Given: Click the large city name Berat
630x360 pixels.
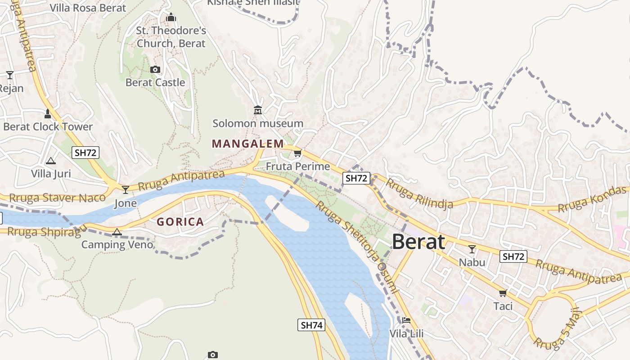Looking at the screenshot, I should tap(418, 242).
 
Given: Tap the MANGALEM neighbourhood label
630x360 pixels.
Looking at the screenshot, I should tap(248, 144).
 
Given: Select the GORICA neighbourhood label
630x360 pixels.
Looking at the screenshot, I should tap(180, 222).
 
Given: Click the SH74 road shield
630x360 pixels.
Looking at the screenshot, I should tap(311, 325).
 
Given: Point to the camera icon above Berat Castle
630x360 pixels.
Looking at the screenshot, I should tap(155, 69).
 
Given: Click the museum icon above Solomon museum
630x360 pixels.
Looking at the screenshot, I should tap(258, 110).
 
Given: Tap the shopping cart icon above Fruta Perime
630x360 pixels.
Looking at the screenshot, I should tap(297, 153).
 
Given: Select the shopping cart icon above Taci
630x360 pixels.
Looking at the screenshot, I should tap(503, 293).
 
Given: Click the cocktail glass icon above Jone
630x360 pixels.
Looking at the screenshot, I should tap(126, 190).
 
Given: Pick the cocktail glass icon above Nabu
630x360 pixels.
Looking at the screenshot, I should tap(472, 249).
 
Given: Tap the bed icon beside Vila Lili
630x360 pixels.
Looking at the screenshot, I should tap(406, 320).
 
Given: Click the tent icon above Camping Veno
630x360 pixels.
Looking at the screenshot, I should tap(117, 232).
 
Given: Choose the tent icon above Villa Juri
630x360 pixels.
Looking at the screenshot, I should tap(51, 161).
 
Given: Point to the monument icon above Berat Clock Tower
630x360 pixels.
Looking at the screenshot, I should tap(48, 113).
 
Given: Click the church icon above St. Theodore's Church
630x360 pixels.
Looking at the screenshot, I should tap(171, 18).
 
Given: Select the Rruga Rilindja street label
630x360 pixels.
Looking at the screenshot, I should tap(419, 193).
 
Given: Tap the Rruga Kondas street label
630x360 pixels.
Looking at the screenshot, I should tap(592, 199).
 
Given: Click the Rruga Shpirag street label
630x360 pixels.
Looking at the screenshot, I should tap(44, 232).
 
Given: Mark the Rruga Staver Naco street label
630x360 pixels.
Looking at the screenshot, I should tap(57, 198).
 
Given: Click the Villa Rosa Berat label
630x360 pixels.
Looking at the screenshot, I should tap(88, 8).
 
